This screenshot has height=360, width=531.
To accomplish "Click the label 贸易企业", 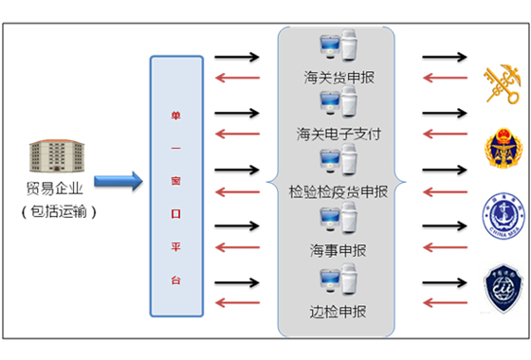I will click(58, 189).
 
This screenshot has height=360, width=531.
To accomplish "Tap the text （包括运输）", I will click(59, 210).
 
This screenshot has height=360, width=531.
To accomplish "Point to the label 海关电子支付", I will click(339, 134).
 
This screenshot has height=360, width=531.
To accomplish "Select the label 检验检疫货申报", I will click(339, 192).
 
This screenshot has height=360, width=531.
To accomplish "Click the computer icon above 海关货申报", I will click(338, 50).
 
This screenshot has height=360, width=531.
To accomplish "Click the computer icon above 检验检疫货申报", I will click(338, 162).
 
